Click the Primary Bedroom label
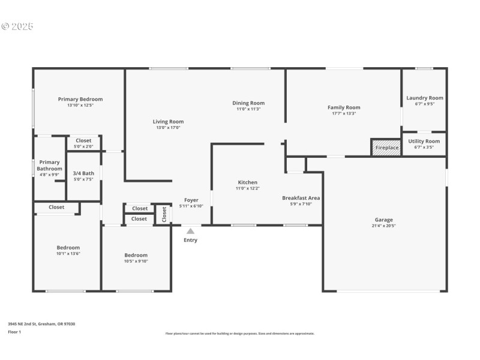tap(80, 99)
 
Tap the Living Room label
tap(168, 121)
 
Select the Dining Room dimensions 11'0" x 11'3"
tap(248, 109)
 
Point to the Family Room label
tap(344, 107)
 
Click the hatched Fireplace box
tap(386, 148)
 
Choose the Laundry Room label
tap(425, 98)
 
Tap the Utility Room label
tap(424, 141)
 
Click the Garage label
tap(384, 220)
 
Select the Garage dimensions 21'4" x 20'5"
tap(384, 226)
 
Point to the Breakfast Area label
tap(301, 197)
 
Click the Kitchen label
tap(248, 182)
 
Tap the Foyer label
tap(191, 200)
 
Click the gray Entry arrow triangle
tap(190, 231)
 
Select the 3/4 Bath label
tap(84, 173)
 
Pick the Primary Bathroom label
tap(50, 165)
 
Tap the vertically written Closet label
tap(164, 214)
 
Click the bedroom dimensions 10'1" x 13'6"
tap(68, 254)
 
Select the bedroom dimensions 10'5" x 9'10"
tap(136, 261)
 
